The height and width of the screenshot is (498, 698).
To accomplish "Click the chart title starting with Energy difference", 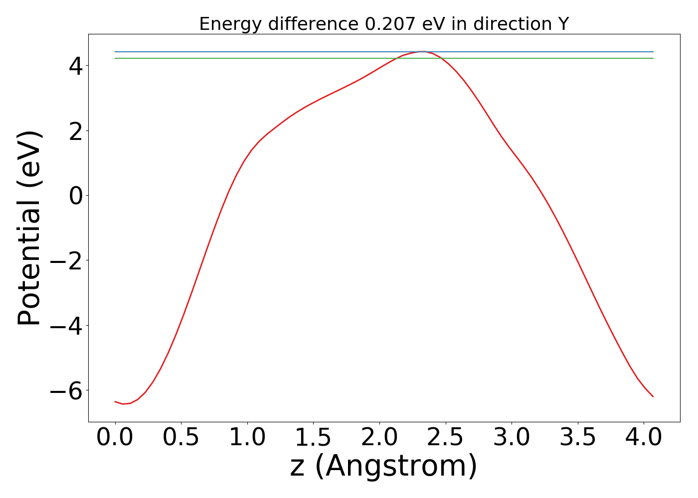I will click(x=383, y=23).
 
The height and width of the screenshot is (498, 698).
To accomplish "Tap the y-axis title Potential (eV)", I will click(x=30, y=228).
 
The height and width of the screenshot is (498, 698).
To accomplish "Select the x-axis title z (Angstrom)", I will click(x=383, y=467).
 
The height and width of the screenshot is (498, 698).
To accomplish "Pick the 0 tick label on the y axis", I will click(x=76, y=196).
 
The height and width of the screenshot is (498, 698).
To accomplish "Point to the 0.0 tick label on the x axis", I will click(x=115, y=438).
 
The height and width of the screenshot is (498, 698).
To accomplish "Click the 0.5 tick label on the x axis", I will click(x=181, y=438).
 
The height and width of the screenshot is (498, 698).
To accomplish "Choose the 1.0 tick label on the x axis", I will click(x=247, y=438).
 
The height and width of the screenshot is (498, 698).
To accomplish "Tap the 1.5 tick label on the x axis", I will click(x=313, y=438).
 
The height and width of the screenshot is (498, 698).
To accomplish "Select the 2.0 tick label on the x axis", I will click(x=379, y=438).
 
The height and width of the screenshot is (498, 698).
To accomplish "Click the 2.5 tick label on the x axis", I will click(x=445, y=438).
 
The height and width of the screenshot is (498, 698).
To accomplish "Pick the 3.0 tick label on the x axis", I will click(x=512, y=438).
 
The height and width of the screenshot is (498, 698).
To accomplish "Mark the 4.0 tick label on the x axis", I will click(x=644, y=438).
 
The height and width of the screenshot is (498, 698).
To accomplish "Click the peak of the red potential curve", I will click(x=422, y=51).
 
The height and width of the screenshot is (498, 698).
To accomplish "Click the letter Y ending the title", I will click(x=563, y=23).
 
